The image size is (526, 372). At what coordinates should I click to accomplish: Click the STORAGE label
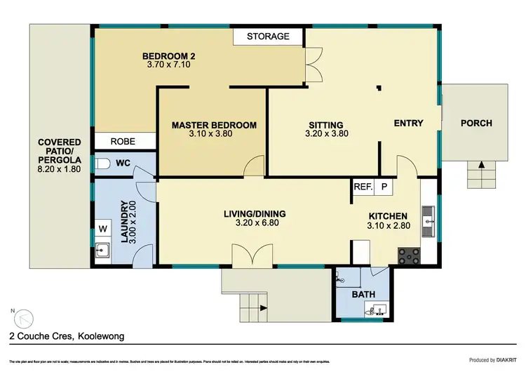[268, 36]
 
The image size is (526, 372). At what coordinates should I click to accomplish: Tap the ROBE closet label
[124, 142]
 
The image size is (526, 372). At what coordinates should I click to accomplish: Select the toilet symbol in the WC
[102, 164]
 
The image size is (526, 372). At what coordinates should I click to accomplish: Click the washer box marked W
[102, 228]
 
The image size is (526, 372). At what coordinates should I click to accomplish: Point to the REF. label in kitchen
[362, 187]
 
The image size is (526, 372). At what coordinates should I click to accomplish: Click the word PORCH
[476, 124]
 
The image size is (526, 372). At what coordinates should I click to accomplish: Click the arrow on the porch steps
[481, 166]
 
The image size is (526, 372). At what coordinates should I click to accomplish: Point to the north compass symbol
[23, 318]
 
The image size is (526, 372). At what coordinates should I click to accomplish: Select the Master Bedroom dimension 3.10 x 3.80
[215, 134]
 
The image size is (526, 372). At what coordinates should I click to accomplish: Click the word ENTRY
[408, 124]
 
